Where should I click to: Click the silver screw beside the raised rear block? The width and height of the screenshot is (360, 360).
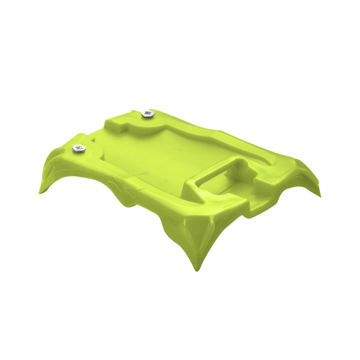click(147, 114)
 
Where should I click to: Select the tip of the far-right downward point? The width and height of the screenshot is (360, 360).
click(320, 195)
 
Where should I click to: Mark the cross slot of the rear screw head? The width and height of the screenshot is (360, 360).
click(147, 114)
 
